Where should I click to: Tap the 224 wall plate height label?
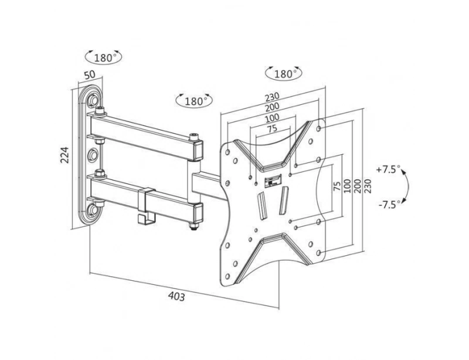(x=66, y=154)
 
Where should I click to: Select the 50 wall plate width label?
(x=90, y=75)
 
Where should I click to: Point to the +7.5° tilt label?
(x=389, y=169)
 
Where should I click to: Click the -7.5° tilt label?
(x=389, y=205)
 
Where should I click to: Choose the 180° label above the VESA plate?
(x=283, y=74)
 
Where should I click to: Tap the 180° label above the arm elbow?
(x=193, y=100)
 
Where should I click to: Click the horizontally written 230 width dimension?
(x=271, y=97)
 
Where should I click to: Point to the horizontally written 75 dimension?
(x=272, y=129)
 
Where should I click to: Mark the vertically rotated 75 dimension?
(x=336, y=188)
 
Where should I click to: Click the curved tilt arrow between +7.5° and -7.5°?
(x=409, y=187)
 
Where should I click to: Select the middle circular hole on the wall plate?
(x=93, y=155)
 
